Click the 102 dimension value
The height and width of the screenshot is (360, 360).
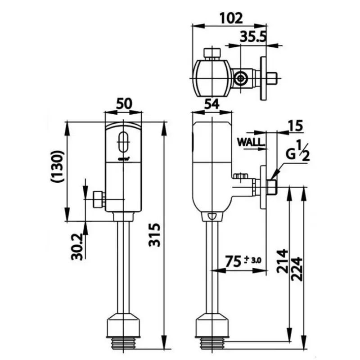(232, 18)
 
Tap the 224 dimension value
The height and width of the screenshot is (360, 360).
(296, 269)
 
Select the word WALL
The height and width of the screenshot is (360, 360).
(251, 142)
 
